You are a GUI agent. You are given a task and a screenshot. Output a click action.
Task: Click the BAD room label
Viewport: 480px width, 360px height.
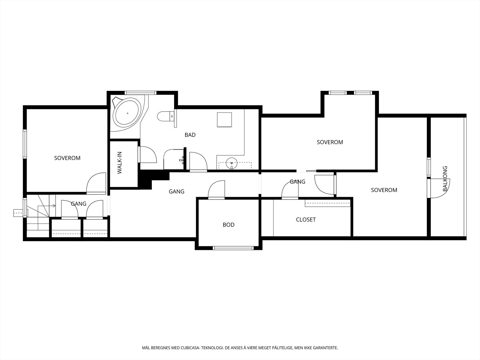coord(190,135)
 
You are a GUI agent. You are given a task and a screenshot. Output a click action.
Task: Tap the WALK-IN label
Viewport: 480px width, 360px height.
coord(119,163)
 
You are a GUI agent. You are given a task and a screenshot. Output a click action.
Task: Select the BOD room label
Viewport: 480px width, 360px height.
coord(229,225)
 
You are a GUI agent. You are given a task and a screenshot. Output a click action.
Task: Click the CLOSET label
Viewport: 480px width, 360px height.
coord(306,220)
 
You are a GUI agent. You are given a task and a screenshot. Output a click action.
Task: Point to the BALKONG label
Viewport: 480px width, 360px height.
coord(445,178)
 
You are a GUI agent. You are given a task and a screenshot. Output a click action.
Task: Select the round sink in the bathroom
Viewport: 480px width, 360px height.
coord(232,163)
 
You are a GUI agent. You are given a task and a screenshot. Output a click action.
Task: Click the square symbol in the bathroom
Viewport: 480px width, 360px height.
coord(224,120)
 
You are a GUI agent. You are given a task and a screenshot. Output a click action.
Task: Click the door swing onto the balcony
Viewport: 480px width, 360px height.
coord(439,188)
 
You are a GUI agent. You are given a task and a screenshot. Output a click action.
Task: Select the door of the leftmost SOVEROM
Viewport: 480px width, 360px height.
coord(96,183)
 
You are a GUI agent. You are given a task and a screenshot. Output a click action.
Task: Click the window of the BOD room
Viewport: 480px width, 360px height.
coord(233,248)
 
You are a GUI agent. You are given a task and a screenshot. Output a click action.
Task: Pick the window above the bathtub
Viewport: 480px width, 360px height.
coord(141,93)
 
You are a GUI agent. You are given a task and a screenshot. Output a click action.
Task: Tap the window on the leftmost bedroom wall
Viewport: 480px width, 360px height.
coord(25,144)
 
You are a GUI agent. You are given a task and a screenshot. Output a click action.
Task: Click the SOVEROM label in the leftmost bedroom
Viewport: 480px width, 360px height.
coord(67,158)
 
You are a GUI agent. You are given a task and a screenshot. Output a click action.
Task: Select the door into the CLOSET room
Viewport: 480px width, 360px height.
coord(290,190)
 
